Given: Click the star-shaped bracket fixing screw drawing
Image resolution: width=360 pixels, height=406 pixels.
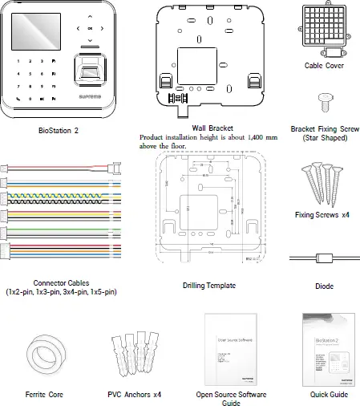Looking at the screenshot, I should point(325,100).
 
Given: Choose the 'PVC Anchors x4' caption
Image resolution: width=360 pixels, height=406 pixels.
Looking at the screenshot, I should point(135,395).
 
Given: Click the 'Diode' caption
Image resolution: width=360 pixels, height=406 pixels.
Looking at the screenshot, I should point(325,286).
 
